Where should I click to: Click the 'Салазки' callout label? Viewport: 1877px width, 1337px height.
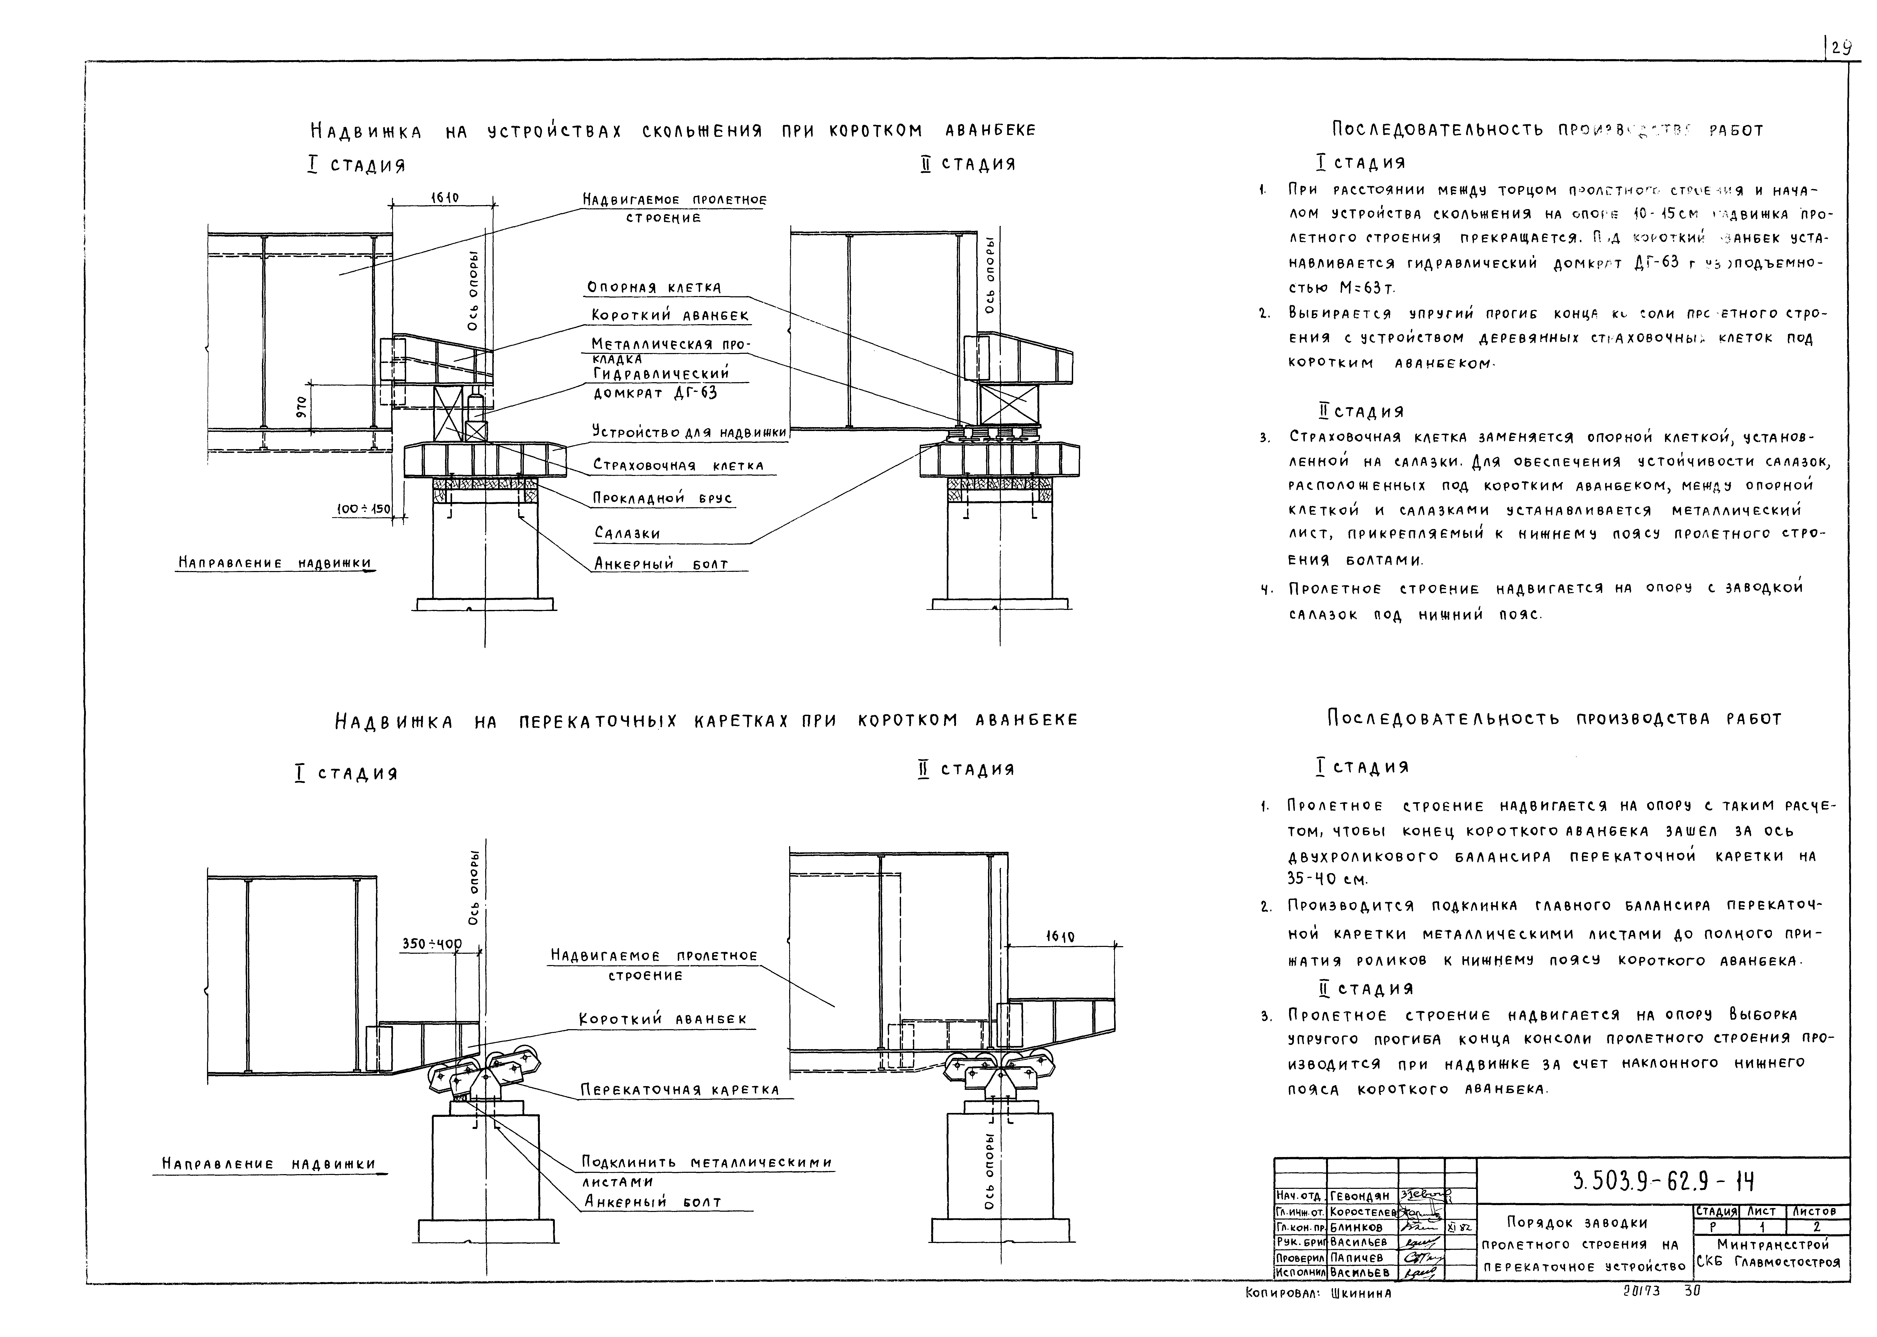tap(627, 533)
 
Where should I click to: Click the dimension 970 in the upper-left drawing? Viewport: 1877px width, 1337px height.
tap(302, 407)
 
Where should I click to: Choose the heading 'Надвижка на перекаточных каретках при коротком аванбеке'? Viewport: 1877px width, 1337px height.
tap(706, 721)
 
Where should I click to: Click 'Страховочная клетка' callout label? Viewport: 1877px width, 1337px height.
tap(678, 466)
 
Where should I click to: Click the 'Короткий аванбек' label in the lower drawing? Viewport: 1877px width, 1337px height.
tap(663, 1019)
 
